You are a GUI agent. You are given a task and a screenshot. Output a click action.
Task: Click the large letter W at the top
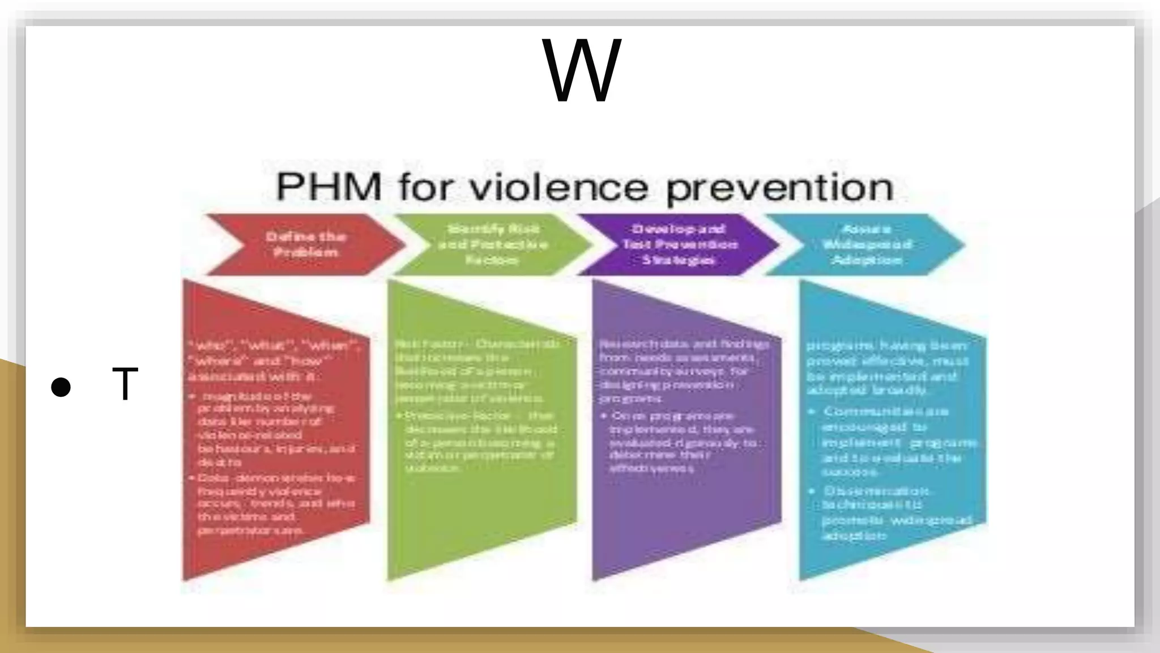[582, 70]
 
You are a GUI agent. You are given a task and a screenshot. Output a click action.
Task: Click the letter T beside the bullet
[125, 384]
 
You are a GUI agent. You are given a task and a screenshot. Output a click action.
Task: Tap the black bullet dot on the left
[61, 387]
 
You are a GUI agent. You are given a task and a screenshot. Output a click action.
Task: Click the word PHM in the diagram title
[329, 187]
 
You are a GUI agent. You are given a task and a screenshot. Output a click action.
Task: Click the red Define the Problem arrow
[306, 244]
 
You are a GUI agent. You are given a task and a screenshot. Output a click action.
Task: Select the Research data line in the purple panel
[684, 344]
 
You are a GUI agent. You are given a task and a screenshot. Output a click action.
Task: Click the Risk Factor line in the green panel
[477, 344]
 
